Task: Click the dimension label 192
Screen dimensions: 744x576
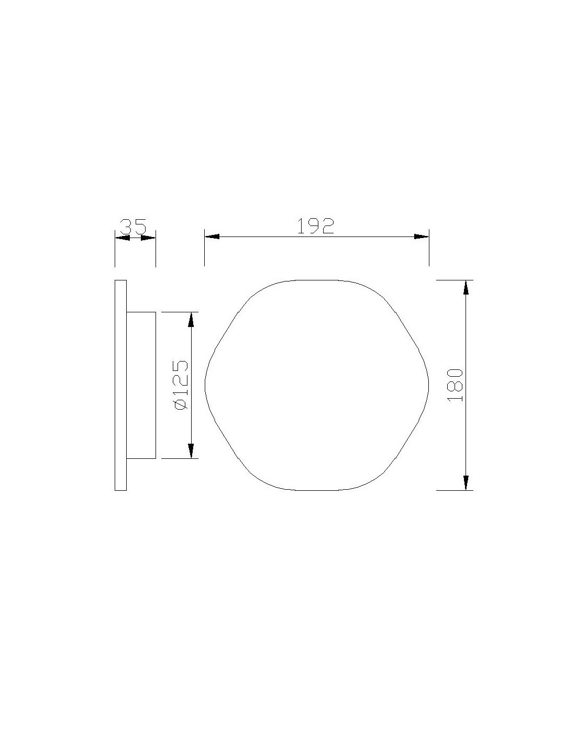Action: coord(316,226)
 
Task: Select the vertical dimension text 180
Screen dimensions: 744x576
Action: coord(456,385)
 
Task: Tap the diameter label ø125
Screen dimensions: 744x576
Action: coord(180,385)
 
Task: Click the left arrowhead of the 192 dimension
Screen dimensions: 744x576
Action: coord(212,236)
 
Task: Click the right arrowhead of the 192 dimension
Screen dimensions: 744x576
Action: coord(422,236)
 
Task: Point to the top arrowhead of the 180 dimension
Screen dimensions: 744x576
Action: coord(466,287)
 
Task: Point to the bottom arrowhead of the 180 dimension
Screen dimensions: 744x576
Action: coord(466,483)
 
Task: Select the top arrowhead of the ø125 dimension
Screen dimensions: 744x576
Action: coord(191,319)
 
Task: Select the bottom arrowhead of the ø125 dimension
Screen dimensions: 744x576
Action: coord(191,451)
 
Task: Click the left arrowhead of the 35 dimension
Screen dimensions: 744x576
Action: coord(122,238)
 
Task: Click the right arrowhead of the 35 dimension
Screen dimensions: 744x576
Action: coord(149,238)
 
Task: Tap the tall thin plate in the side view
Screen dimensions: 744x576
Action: coord(120,385)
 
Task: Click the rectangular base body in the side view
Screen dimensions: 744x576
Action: coord(141,385)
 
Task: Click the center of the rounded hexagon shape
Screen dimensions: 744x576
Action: coord(316,385)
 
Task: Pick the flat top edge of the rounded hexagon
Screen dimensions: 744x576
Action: coord(316,280)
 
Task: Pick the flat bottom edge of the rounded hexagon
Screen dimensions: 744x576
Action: coord(316,490)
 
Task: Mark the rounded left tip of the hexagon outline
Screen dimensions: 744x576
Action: coord(205,385)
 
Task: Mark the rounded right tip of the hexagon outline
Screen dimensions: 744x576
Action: coord(428,385)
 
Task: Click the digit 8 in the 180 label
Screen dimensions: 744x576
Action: coord(456,386)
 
